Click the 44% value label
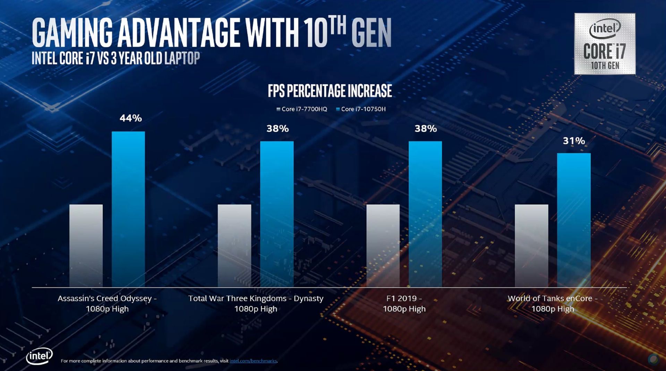[130, 118]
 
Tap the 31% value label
[574, 141]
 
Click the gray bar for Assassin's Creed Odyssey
[86, 246]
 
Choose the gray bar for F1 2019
[383, 246]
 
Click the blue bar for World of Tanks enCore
[574, 220]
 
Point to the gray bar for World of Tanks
[531, 246]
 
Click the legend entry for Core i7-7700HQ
[302, 109]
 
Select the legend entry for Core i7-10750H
[361, 109]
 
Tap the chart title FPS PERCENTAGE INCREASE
[330, 91]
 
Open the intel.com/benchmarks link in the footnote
[253, 361]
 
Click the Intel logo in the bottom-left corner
[39, 356]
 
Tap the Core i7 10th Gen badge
[605, 44]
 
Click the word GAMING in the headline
[72, 33]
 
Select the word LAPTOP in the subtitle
[182, 58]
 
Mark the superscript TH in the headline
[338, 25]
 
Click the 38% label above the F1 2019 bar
[426, 129]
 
